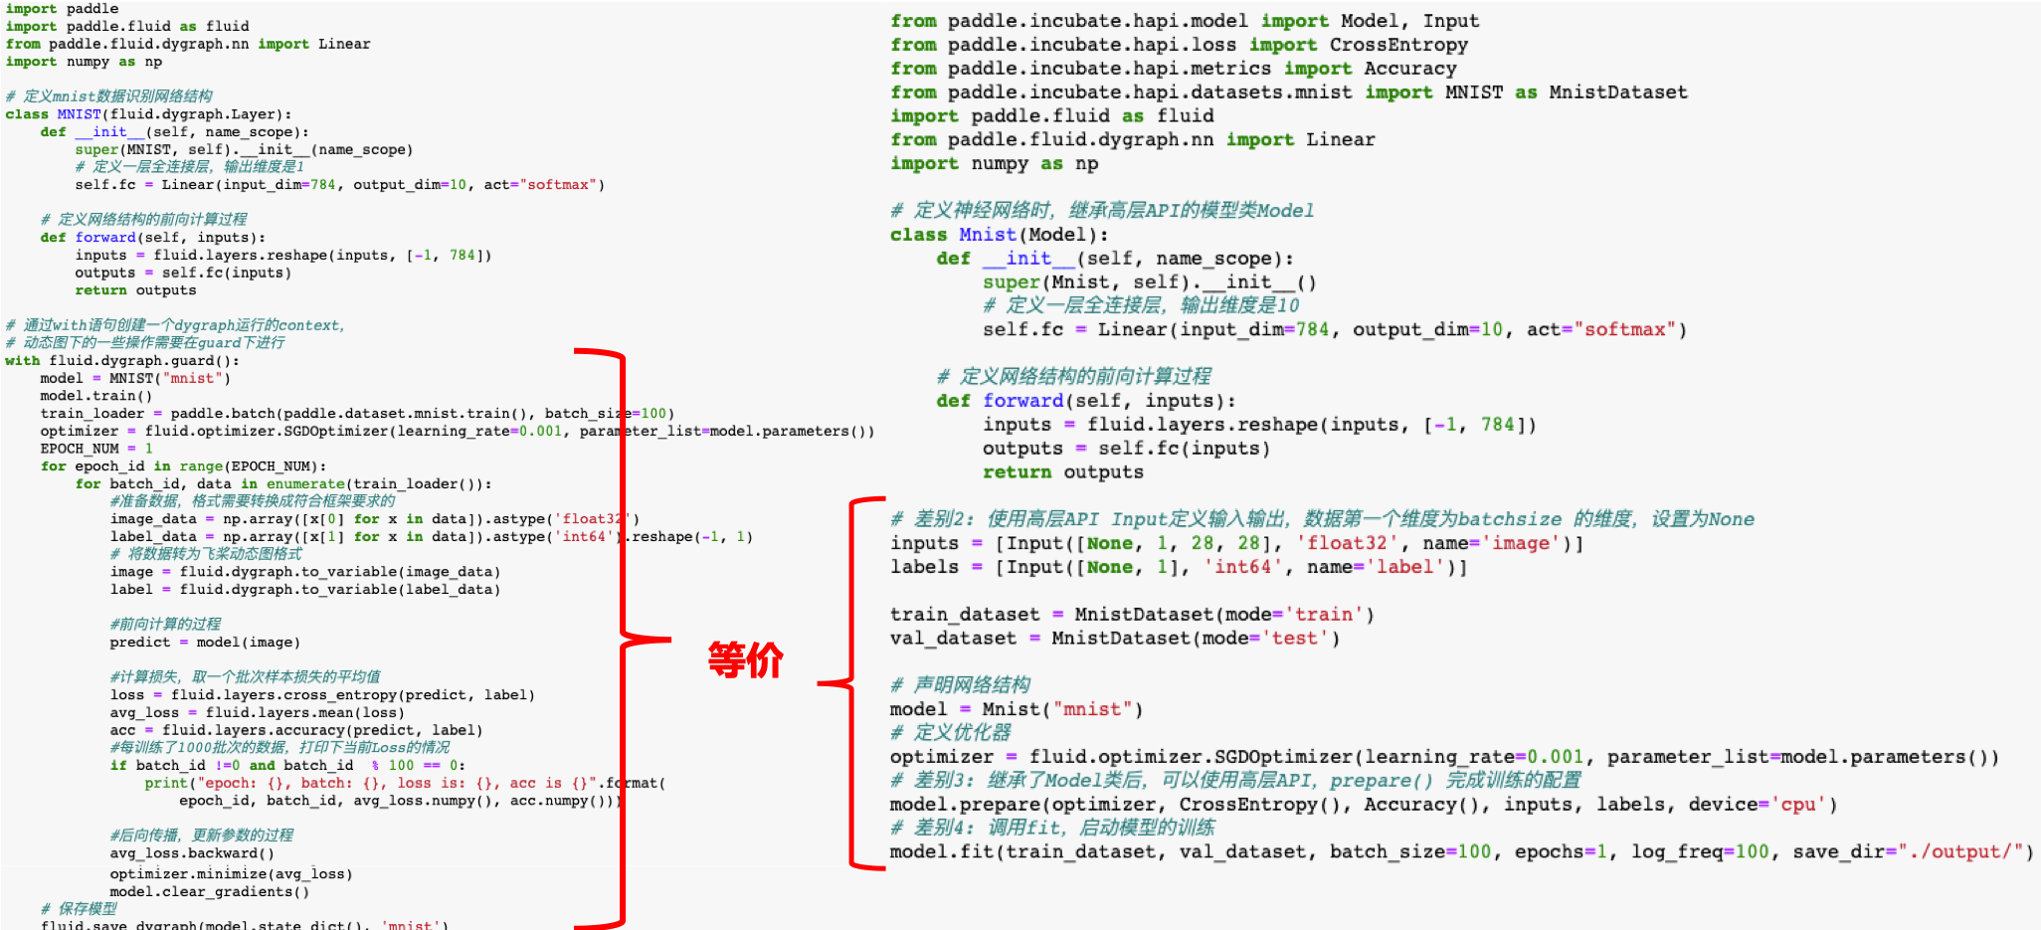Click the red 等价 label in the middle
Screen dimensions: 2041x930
(745, 659)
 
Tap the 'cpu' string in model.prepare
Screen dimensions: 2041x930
(1798, 804)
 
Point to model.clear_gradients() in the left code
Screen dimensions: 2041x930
(209, 891)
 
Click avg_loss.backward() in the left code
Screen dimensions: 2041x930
(192, 852)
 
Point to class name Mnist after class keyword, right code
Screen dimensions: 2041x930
(988, 235)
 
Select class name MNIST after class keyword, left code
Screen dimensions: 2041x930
(79, 114)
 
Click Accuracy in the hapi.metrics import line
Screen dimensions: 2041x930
(1409, 69)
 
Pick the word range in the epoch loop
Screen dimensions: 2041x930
(201, 465)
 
